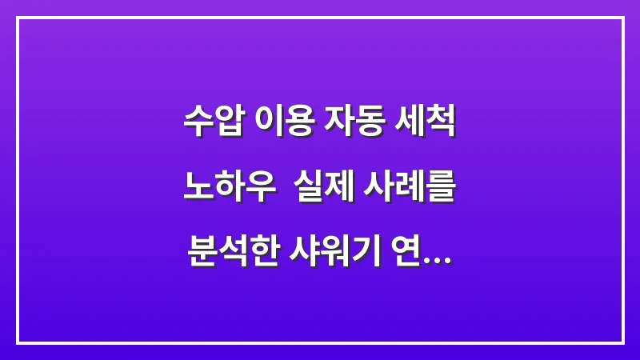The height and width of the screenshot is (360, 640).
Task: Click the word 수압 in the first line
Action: click(211, 125)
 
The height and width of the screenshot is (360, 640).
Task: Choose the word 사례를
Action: click(410, 191)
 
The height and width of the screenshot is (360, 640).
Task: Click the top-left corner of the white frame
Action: click(18, 18)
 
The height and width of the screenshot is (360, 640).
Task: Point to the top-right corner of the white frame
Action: click(622, 18)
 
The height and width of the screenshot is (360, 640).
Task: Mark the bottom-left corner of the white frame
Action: click(18, 342)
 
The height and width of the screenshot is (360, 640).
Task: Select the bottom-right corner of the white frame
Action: click(622, 342)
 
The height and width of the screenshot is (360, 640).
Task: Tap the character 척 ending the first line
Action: click(442, 125)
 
